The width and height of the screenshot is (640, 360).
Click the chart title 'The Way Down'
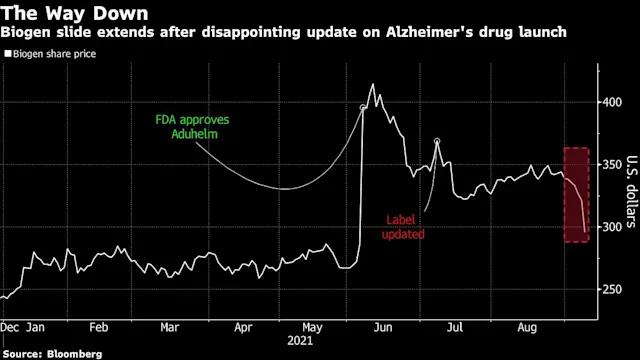tap(75, 13)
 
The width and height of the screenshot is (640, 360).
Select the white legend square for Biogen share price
tap(8, 53)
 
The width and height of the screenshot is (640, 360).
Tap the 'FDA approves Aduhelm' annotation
tap(192, 127)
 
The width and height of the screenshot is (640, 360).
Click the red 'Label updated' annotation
tap(403, 227)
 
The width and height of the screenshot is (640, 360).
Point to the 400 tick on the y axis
tap(612, 102)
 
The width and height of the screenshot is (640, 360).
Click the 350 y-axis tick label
tap(612, 164)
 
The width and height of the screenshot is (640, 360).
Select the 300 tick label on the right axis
tap(612, 227)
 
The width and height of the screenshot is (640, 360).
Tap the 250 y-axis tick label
tap(612, 289)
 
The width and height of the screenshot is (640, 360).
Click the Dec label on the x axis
tap(9, 327)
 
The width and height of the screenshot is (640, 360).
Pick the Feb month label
tap(99, 327)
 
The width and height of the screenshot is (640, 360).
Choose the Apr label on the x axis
tap(243, 328)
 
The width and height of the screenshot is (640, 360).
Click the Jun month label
tap(383, 327)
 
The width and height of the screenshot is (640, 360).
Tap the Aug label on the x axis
tap(527, 328)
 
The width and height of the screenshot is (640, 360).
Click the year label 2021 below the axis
tap(300, 341)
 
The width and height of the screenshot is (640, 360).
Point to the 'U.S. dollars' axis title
tap(632, 191)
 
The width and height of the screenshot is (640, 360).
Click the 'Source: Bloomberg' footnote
tap(52, 354)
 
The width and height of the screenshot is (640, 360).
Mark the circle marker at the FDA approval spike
tap(363, 108)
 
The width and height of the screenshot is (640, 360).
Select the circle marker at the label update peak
tap(437, 141)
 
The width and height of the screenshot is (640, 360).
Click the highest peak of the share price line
tap(373, 84)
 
